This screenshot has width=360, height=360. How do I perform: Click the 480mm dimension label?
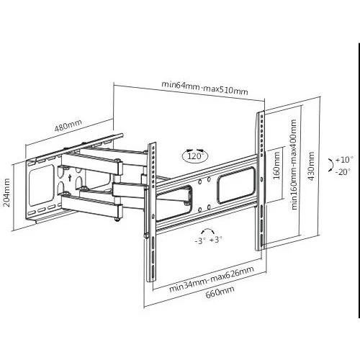point(68,125)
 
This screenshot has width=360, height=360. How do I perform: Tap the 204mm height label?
point(7,192)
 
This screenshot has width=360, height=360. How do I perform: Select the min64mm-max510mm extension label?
point(204,88)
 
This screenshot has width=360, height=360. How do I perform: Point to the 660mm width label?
point(220,292)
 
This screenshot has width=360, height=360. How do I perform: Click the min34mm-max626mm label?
point(212,279)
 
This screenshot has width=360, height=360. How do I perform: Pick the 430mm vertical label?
point(311,166)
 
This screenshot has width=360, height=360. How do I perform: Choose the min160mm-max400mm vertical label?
point(294,165)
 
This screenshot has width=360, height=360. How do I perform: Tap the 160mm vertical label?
point(276,166)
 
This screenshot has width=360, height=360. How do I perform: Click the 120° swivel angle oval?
point(195,156)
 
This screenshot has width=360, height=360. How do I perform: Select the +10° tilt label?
point(344,160)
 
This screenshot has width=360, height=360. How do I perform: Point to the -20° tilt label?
point(343,171)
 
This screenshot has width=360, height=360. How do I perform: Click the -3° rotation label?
point(200,240)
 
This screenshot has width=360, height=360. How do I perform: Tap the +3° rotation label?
point(216,240)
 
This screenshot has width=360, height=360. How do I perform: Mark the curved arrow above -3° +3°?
point(208,229)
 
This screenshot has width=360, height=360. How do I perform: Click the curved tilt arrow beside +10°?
point(333,165)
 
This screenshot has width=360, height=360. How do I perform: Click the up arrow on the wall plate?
point(70,178)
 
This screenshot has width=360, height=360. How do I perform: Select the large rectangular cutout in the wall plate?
point(41,185)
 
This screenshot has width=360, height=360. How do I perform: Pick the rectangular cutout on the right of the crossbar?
point(235,185)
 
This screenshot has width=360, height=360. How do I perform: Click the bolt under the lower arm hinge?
point(117,219)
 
